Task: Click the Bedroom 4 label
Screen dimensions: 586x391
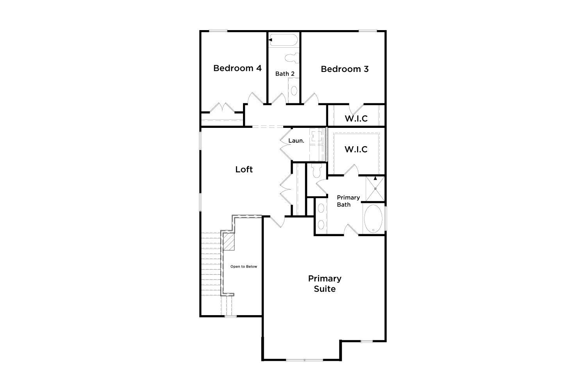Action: coord(237,68)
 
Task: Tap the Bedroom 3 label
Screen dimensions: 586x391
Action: coord(345,69)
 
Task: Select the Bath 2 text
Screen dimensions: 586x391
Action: coord(285,74)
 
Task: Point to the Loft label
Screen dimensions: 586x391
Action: coord(244,169)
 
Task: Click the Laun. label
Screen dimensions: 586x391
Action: coord(296,141)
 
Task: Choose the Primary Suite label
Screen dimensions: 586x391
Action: coord(325,283)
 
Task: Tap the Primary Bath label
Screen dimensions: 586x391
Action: coord(348,201)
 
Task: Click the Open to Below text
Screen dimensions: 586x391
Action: coord(243,267)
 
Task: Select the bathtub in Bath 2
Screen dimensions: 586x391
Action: coord(283,40)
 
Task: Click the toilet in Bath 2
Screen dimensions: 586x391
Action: coord(292,58)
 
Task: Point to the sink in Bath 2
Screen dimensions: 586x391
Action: coord(294,90)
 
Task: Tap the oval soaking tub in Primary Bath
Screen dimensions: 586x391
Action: coord(373,219)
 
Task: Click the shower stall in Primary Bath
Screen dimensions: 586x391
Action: coord(375,188)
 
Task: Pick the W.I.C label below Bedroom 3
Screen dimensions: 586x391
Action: coord(356,118)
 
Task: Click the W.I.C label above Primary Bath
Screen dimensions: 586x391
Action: coord(356,149)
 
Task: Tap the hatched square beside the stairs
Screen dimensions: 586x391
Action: coord(229,242)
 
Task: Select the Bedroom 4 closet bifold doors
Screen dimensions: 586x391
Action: coord(222,108)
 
